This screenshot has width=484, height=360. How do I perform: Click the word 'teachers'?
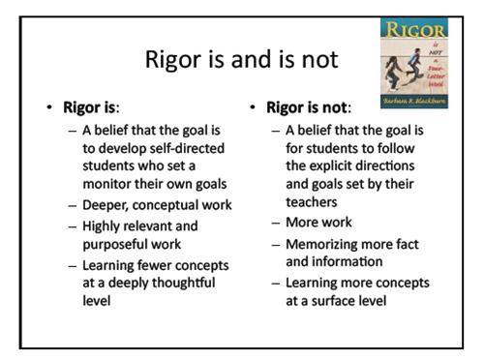(x=315, y=202)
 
